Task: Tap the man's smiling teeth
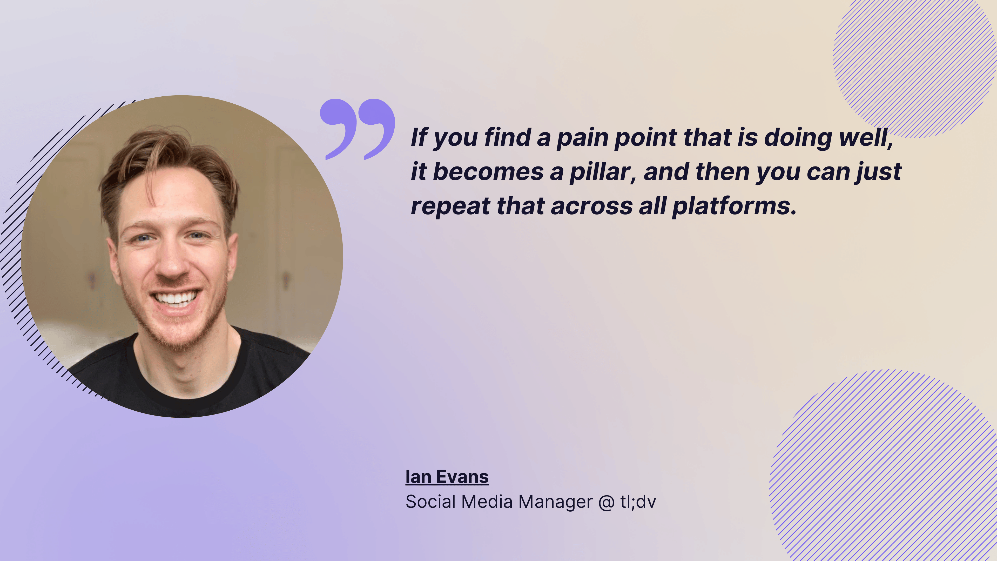point(176,298)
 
